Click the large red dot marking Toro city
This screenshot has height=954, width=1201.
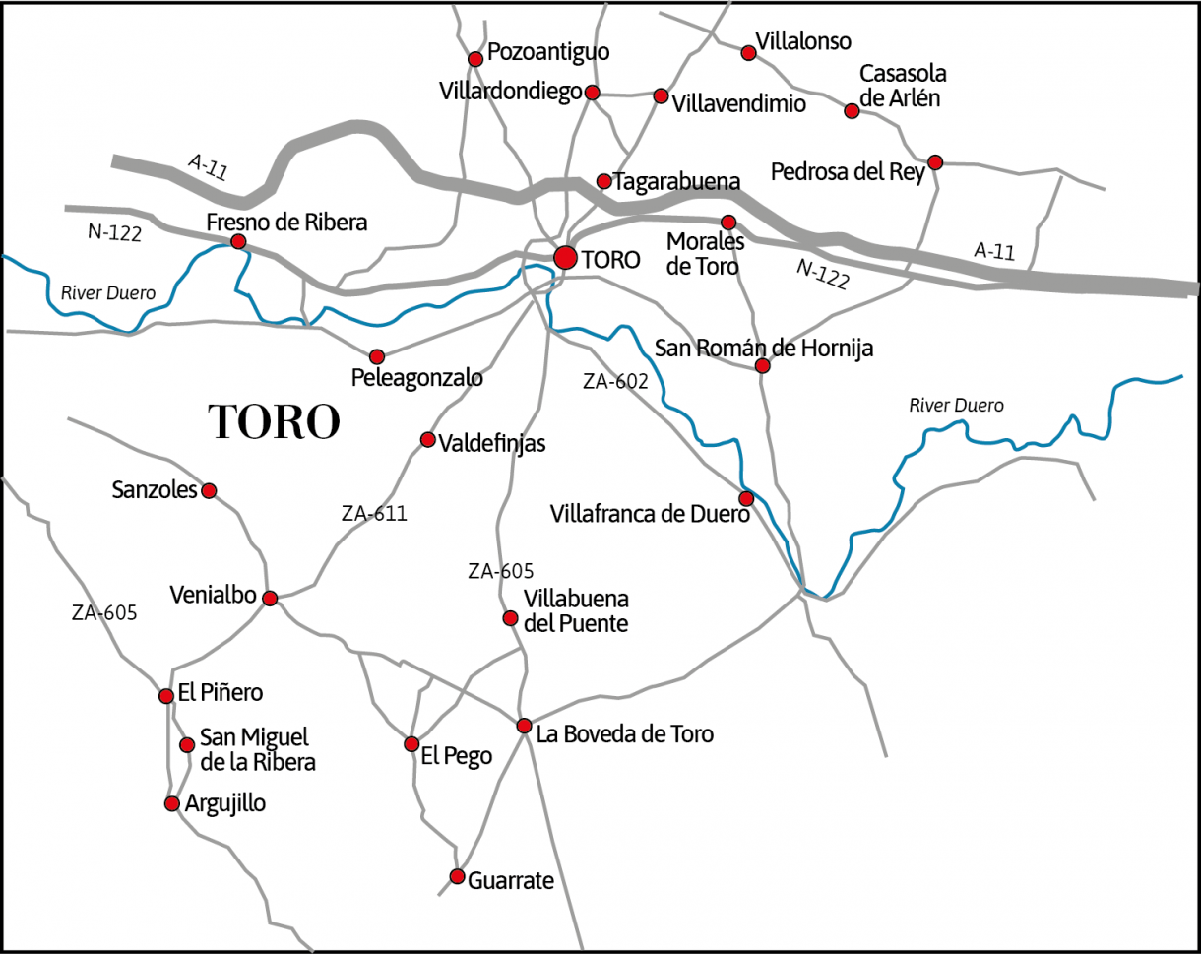(565, 258)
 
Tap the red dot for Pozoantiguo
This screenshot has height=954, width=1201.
(475, 59)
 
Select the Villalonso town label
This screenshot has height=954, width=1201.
(802, 41)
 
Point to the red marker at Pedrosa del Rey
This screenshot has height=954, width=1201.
(935, 161)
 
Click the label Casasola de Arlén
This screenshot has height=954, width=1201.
(902, 86)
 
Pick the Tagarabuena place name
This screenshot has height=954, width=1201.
(676, 182)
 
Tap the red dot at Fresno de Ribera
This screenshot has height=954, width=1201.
(237, 241)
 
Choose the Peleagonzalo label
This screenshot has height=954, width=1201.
(417, 377)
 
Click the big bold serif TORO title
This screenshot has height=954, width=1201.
(275, 421)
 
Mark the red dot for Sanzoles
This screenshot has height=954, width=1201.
(208, 490)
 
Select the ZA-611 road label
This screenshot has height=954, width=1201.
(374, 513)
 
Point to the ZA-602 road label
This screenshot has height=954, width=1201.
(615, 382)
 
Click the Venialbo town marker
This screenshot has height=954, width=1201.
(270, 598)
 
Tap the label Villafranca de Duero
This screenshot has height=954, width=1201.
(650, 513)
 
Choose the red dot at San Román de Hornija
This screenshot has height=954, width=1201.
(762, 366)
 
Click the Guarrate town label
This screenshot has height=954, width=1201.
(511, 880)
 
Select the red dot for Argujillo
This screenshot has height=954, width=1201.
(171, 803)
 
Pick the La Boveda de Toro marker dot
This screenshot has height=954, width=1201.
(524, 726)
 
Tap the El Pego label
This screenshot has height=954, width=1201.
(456, 756)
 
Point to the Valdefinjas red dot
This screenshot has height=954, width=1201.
(427, 439)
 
